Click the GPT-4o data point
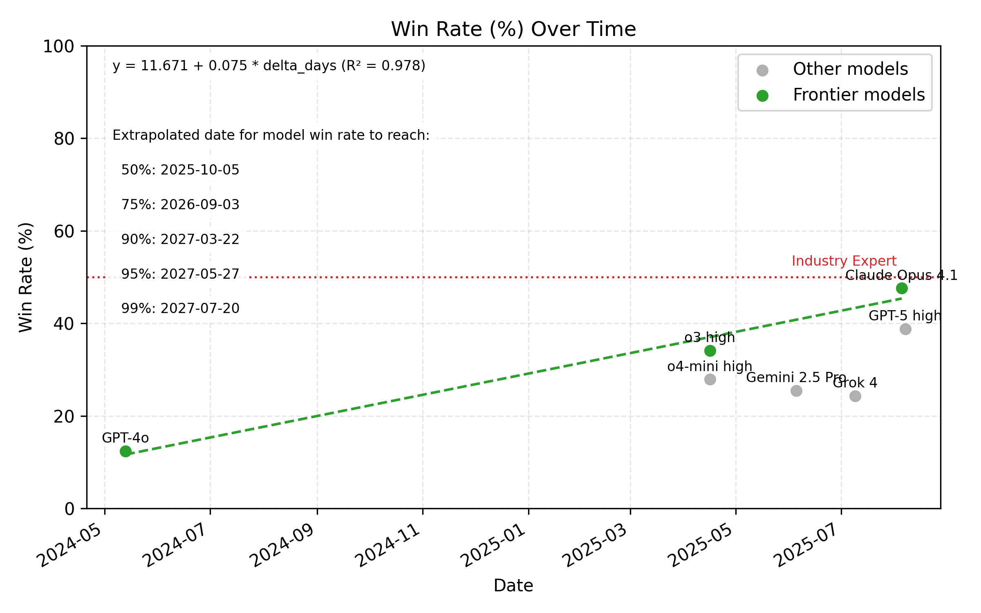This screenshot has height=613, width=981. click(x=125, y=451)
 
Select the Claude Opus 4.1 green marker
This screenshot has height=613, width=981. click(x=902, y=288)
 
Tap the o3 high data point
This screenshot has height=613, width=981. click(x=710, y=351)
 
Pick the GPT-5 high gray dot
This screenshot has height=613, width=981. click(x=905, y=329)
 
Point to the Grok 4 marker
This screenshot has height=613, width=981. click(x=855, y=396)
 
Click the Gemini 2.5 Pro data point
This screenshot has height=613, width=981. click(x=796, y=391)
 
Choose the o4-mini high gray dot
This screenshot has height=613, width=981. click(x=710, y=379)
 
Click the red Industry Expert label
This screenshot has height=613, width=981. click(x=844, y=261)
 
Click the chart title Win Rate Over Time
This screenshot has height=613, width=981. click(x=513, y=29)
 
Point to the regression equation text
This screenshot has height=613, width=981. click(x=269, y=66)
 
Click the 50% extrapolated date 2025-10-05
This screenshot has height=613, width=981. click(x=180, y=170)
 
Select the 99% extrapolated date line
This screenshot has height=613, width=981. click(x=180, y=308)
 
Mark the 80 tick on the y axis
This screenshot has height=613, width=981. click(x=64, y=139)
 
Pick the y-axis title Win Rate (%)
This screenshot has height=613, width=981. click(x=26, y=277)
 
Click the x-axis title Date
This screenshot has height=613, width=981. click(x=513, y=586)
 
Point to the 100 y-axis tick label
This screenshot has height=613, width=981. click(x=59, y=47)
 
